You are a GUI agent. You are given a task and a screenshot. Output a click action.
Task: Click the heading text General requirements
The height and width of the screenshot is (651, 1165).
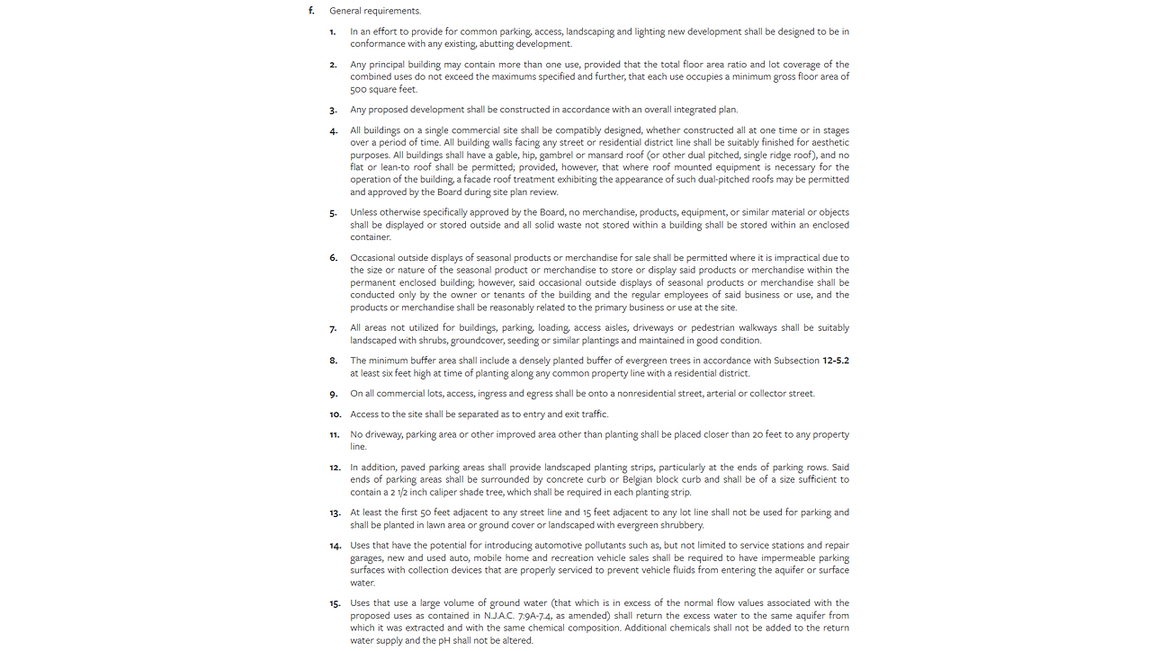coord(374,11)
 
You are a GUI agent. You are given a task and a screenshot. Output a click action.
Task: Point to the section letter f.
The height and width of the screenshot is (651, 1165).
coord(311,11)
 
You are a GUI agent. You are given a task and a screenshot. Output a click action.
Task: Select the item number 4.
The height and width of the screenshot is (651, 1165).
coord(333,130)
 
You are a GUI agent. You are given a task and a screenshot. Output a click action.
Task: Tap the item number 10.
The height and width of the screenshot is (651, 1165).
coord(335,415)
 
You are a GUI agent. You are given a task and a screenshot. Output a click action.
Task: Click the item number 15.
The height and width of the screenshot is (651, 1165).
coord(335,603)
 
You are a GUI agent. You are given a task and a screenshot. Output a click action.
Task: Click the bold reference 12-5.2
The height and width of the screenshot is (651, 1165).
coord(835,361)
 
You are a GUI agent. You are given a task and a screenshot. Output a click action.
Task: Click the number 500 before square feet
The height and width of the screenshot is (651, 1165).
coord(360,89)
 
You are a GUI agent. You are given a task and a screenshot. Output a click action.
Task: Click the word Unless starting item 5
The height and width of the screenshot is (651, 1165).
coord(365,212)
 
